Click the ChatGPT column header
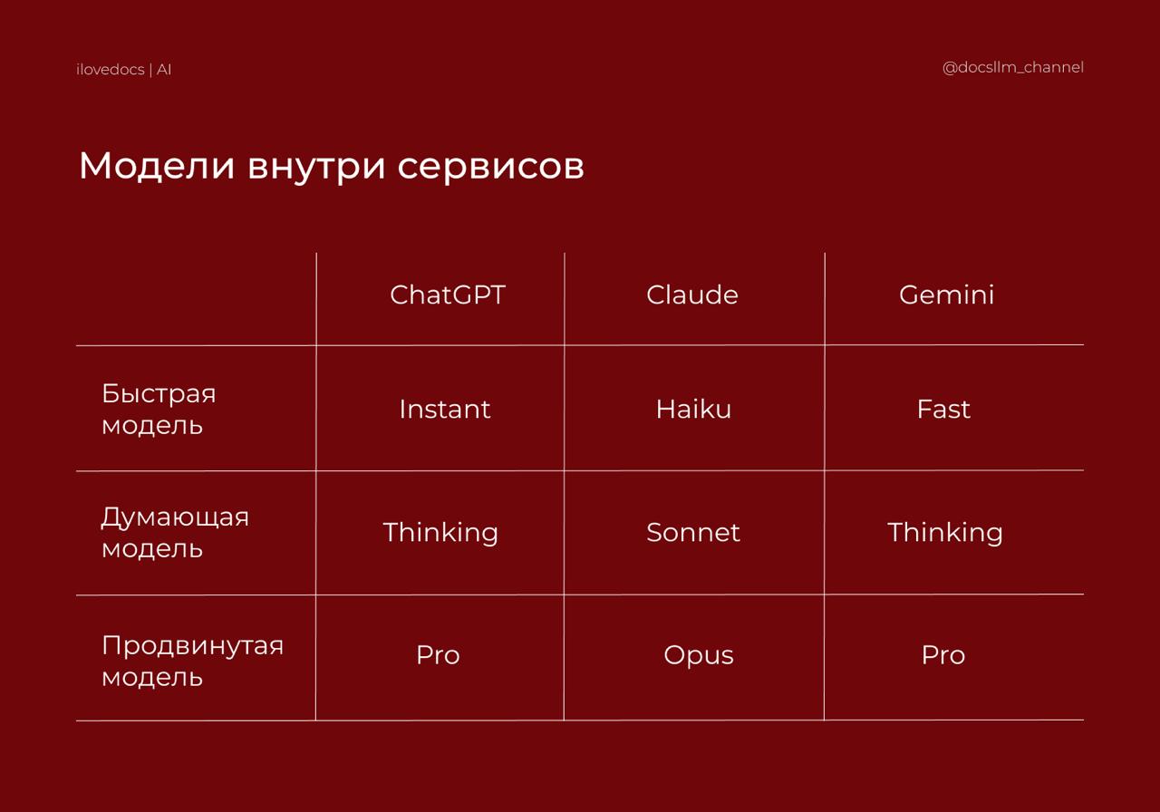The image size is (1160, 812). [x=448, y=295]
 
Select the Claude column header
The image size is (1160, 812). [x=691, y=295]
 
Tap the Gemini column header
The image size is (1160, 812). [x=947, y=295]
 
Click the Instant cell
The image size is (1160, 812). [x=444, y=409]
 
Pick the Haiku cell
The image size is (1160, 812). [x=693, y=409]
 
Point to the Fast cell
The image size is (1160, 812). [x=943, y=409]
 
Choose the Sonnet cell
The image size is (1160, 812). [x=693, y=532]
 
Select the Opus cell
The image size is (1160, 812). [x=699, y=656]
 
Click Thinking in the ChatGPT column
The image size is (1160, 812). [x=440, y=534]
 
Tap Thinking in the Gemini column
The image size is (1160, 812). [x=945, y=534]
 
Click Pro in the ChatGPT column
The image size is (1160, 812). [x=438, y=655]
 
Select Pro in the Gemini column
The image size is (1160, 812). [x=943, y=655]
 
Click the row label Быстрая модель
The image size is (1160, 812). [x=159, y=410]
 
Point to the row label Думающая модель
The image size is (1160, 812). [x=175, y=533]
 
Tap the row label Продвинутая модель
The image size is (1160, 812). [x=193, y=662]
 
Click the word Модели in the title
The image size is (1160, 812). [x=157, y=167]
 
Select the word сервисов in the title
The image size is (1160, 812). [x=491, y=167]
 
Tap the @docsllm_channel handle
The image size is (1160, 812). [x=1013, y=68]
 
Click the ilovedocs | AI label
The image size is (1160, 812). [x=124, y=70]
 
